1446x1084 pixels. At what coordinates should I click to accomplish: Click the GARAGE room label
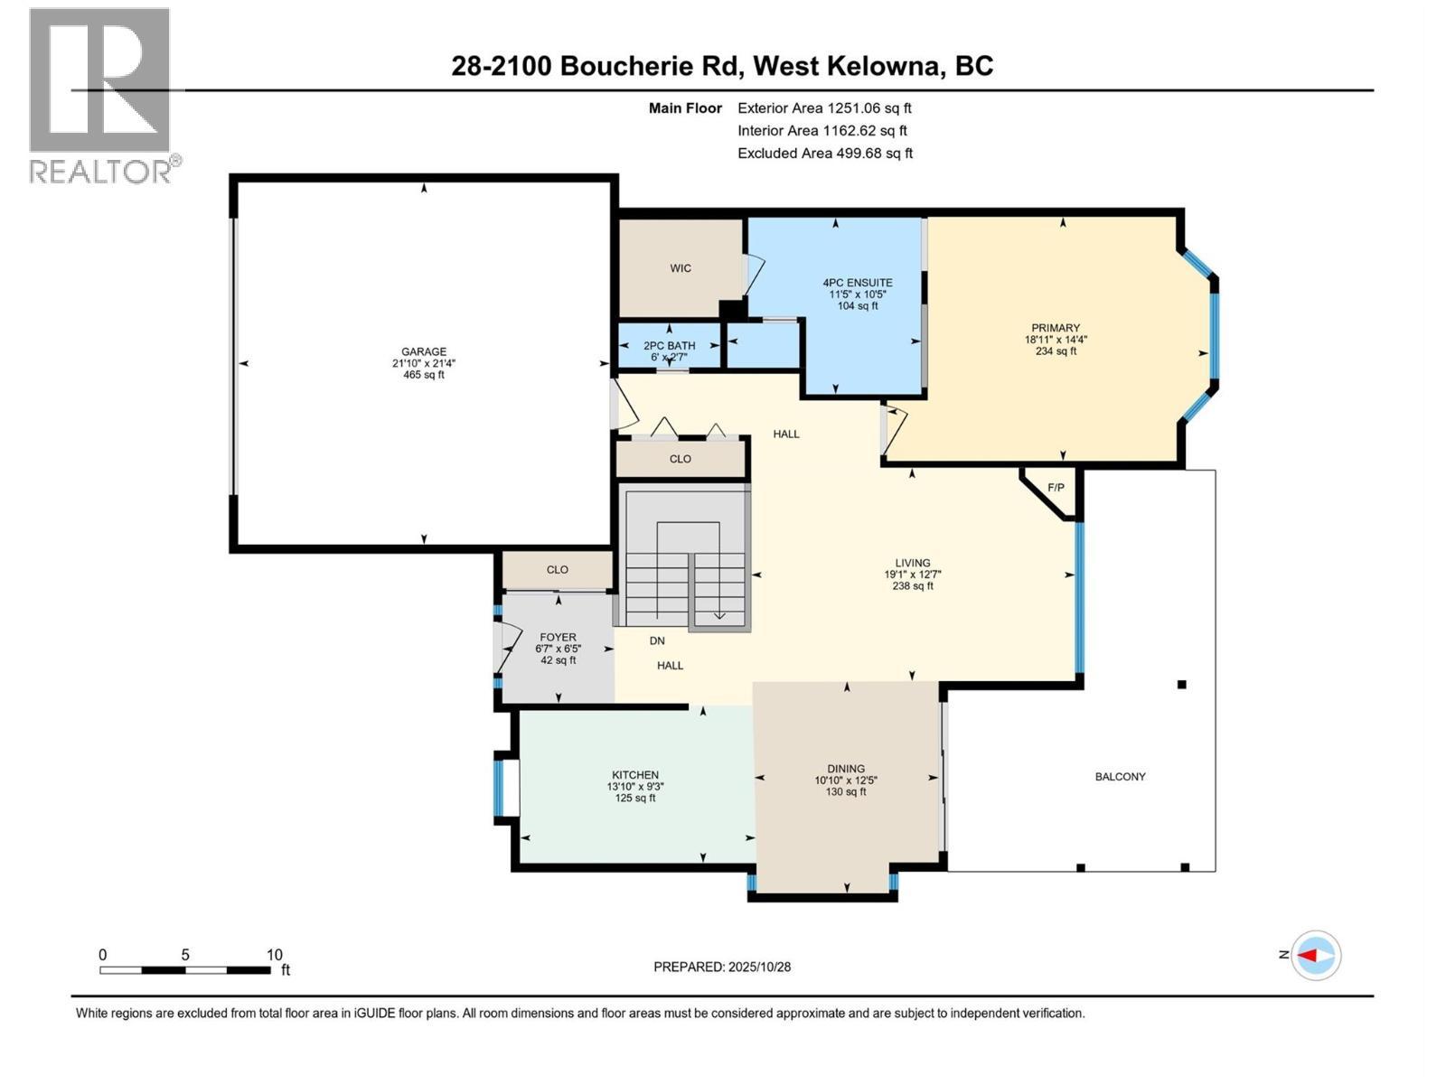pyautogui.click(x=423, y=352)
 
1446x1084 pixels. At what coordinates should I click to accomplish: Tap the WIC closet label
pyautogui.click(x=681, y=268)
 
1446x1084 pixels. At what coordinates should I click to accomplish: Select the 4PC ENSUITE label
pyautogui.click(x=857, y=283)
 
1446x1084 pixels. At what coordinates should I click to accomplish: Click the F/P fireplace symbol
pyautogui.click(x=1055, y=489)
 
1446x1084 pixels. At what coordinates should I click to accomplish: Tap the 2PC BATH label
pyautogui.click(x=669, y=346)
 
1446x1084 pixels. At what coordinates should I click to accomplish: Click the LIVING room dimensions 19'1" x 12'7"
pyautogui.click(x=913, y=575)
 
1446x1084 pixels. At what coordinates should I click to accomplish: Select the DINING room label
pyautogui.click(x=846, y=769)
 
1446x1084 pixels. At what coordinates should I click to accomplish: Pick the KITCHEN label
pyautogui.click(x=635, y=775)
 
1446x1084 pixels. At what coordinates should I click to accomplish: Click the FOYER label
pyautogui.click(x=558, y=638)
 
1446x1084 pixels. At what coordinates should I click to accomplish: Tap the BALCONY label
pyautogui.click(x=1120, y=777)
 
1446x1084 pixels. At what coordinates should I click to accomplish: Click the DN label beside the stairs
pyautogui.click(x=657, y=641)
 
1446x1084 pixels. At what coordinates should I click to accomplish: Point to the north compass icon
pyautogui.click(x=1316, y=955)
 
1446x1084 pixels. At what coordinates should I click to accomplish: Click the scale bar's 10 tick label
pyautogui.click(x=274, y=955)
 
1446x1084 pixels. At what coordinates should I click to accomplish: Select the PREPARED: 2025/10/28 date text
pyautogui.click(x=722, y=967)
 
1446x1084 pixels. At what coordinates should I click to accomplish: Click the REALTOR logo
pyautogui.click(x=100, y=95)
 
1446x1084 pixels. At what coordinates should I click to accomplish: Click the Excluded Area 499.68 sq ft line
pyautogui.click(x=824, y=154)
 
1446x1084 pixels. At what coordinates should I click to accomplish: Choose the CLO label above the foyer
pyautogui.click(x=557, y=570)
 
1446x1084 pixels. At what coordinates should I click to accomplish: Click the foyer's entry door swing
pyautogui.click(x=510, y=649)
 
